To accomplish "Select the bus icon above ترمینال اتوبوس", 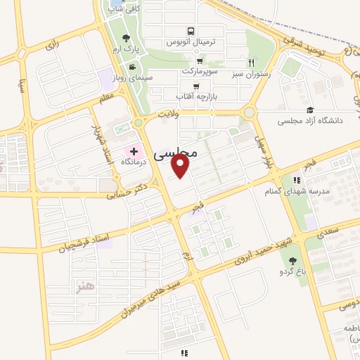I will (x=191, y=32).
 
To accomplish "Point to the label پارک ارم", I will (x=126, y=51).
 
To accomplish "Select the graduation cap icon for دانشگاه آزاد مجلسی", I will (x=310, y=110).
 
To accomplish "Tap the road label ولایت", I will (x=169, y=112).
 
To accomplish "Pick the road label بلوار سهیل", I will (x=264, y=145).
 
